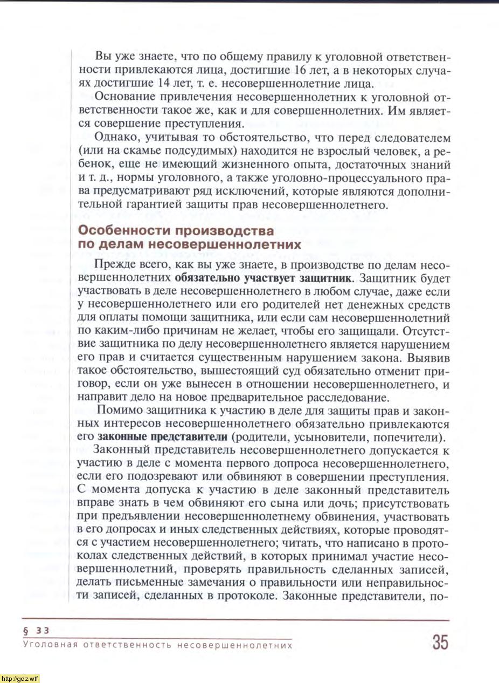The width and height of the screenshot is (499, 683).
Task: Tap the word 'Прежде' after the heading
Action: click(112, 265)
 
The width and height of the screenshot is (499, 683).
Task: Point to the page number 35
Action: click(439, 643)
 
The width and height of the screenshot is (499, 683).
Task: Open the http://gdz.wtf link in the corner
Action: click(20, 678)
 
